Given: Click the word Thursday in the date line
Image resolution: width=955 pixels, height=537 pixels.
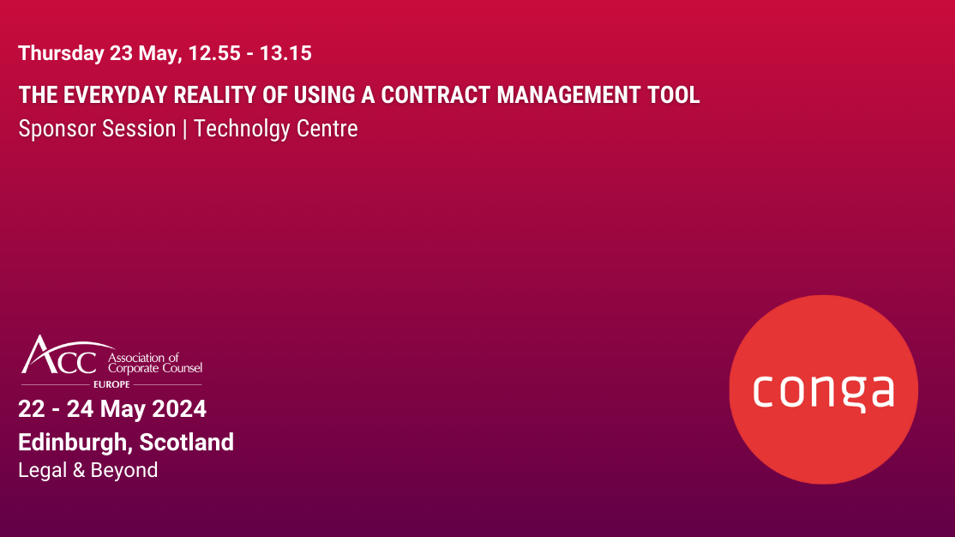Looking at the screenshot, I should pos(61,53).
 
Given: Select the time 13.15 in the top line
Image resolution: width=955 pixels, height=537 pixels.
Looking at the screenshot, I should pos(285,53).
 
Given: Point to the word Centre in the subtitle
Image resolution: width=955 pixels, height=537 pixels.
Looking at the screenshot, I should pos(327,129).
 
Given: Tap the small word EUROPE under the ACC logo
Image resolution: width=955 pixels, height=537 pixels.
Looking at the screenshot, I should pos(111,384).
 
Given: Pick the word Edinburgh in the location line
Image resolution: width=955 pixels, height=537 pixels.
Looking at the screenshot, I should pos(74,443).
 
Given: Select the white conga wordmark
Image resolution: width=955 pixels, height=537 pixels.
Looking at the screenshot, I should pos(823,390).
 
